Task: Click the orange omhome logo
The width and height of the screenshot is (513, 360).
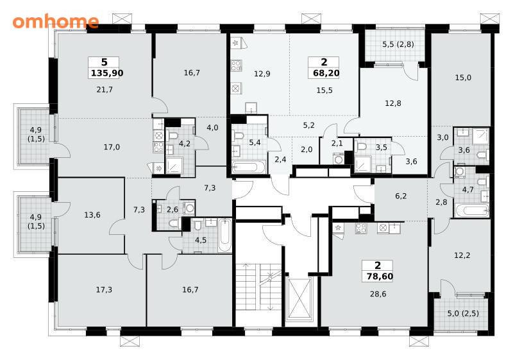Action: click(x=56, y=21)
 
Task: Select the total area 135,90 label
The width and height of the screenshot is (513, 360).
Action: click(x=107, y=73)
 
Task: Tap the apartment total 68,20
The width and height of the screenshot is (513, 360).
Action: click(x=326, y=73)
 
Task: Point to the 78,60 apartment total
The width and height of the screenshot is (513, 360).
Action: click(x=380, y=277)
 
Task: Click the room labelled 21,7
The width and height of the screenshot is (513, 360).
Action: click(x=105, y=89)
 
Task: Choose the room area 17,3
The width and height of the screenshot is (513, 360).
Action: click(x=104, y=289)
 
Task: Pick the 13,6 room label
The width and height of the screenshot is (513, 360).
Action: click(x=92, y=215)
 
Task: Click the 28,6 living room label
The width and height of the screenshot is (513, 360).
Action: click(x=378, y=294)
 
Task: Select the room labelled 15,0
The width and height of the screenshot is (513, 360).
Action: click(x=463, y=78)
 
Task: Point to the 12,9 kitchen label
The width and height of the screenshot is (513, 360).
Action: click(x=262, y=74)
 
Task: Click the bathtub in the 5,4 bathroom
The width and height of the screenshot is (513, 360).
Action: click(x=249, y=167)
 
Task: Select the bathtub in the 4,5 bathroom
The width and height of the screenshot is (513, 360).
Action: click(x=225, y=235)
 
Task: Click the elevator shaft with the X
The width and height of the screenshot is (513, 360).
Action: click(x=299, y=298)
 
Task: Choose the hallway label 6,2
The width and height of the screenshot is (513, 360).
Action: click(x=401, y=196)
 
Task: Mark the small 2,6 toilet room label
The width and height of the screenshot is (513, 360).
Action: click(x=172, y=209)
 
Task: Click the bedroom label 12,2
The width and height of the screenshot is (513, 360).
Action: click(x=462, y=255)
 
